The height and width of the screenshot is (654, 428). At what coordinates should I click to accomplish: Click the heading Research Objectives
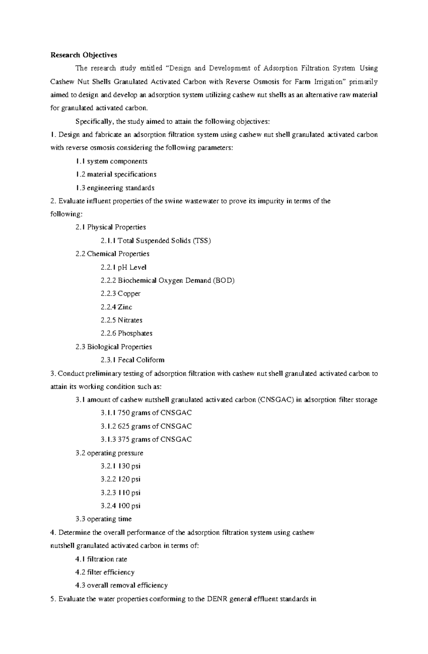[x=83, y=55]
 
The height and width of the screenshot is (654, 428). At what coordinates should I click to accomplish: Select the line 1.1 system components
[x=111, y=161]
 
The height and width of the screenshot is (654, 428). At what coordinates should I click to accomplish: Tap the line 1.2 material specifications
[x=116, y=174]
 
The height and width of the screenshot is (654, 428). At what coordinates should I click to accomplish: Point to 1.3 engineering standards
[x=115, y=188]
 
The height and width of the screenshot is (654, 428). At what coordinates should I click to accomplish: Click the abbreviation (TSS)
[x=202, y=241]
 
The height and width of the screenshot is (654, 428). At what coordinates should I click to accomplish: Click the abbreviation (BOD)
[x=224, y=280]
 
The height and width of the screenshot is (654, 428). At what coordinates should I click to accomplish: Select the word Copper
[x=129, y=294]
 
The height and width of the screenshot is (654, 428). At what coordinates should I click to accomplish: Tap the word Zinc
[x=125, y=307]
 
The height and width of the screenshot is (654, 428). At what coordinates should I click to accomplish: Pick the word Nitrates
[x=130, y=320]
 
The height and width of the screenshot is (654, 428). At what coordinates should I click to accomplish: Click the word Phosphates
[x=135, y=333]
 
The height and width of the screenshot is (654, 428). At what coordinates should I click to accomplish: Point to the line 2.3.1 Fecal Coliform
[x=132, y=360]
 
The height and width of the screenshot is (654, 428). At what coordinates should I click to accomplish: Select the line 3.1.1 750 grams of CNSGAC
[x=146, y=413]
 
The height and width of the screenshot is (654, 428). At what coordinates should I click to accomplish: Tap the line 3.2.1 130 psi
[x=121, y=466]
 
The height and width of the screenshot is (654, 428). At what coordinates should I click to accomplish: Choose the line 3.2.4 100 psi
[x=121, y=506]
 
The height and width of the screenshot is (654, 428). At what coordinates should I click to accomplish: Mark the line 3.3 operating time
[x=103, y=519]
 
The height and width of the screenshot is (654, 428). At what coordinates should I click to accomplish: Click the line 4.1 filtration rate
[x=101, y=559]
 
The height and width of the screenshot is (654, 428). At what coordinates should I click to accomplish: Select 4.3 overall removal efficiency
[x=121, y=585]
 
